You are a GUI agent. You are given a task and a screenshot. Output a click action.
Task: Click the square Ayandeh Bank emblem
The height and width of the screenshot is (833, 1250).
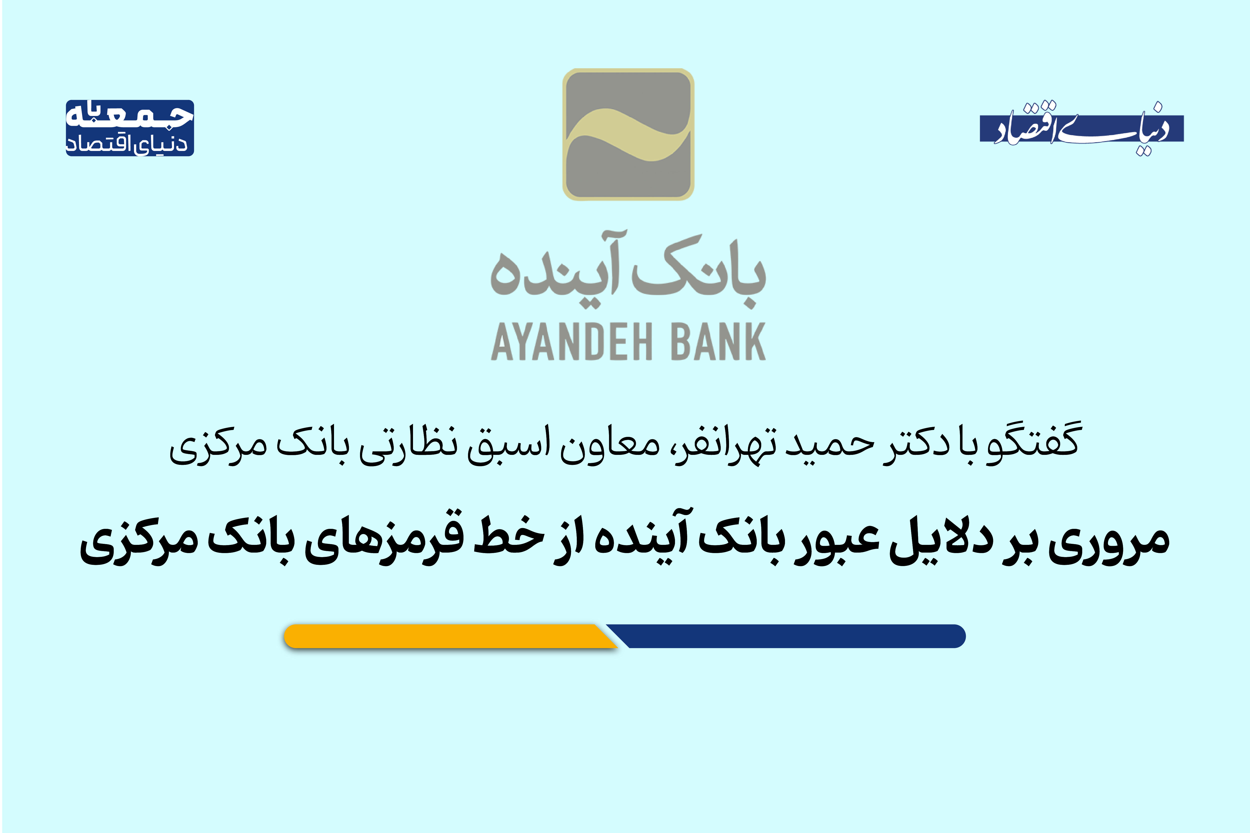(x=628, y=134)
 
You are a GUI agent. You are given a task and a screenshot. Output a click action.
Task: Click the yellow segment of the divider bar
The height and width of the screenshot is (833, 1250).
(x=446, y=636)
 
